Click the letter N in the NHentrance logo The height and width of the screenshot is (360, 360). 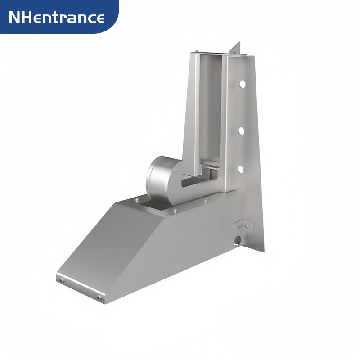(15, 18)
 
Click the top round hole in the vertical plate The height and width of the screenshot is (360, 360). (242, 84)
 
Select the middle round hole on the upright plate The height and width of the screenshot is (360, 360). (241, 131)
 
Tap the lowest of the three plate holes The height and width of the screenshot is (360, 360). (240, 169)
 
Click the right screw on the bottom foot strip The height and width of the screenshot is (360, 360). (99, 297)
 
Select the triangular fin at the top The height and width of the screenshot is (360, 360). (236, 49)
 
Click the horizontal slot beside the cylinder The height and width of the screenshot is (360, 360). (198, 183)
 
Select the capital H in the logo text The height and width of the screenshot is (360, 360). (27, 18)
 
